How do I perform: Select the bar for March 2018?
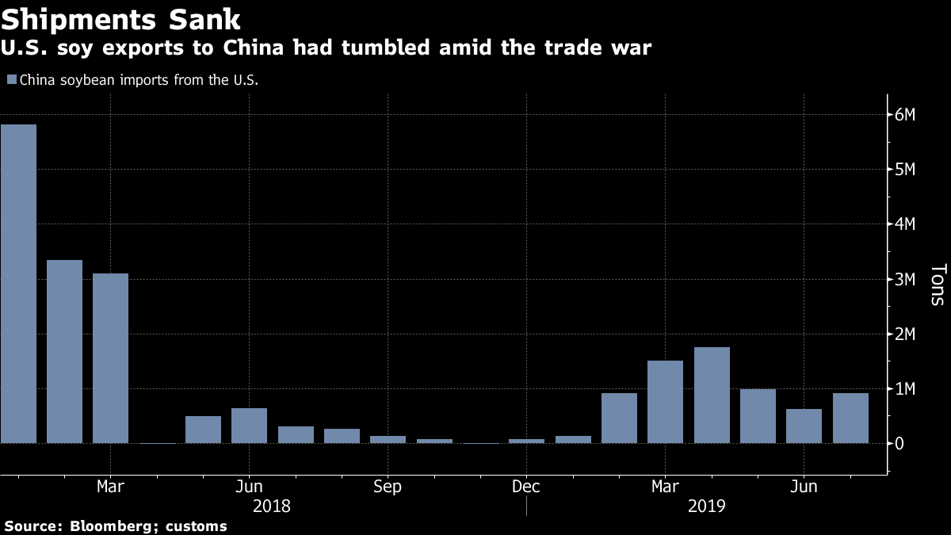110,357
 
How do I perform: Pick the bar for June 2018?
249,426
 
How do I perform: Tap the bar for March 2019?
665,402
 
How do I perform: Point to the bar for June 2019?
804,426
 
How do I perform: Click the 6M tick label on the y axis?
905,115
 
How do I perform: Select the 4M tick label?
905,224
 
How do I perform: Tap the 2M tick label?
905,334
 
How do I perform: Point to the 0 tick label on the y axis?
899,444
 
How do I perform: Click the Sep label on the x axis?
388,486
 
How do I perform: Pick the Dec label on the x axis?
526,486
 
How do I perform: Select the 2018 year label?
272,505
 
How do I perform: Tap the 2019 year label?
705,505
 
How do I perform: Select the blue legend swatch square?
11,80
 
